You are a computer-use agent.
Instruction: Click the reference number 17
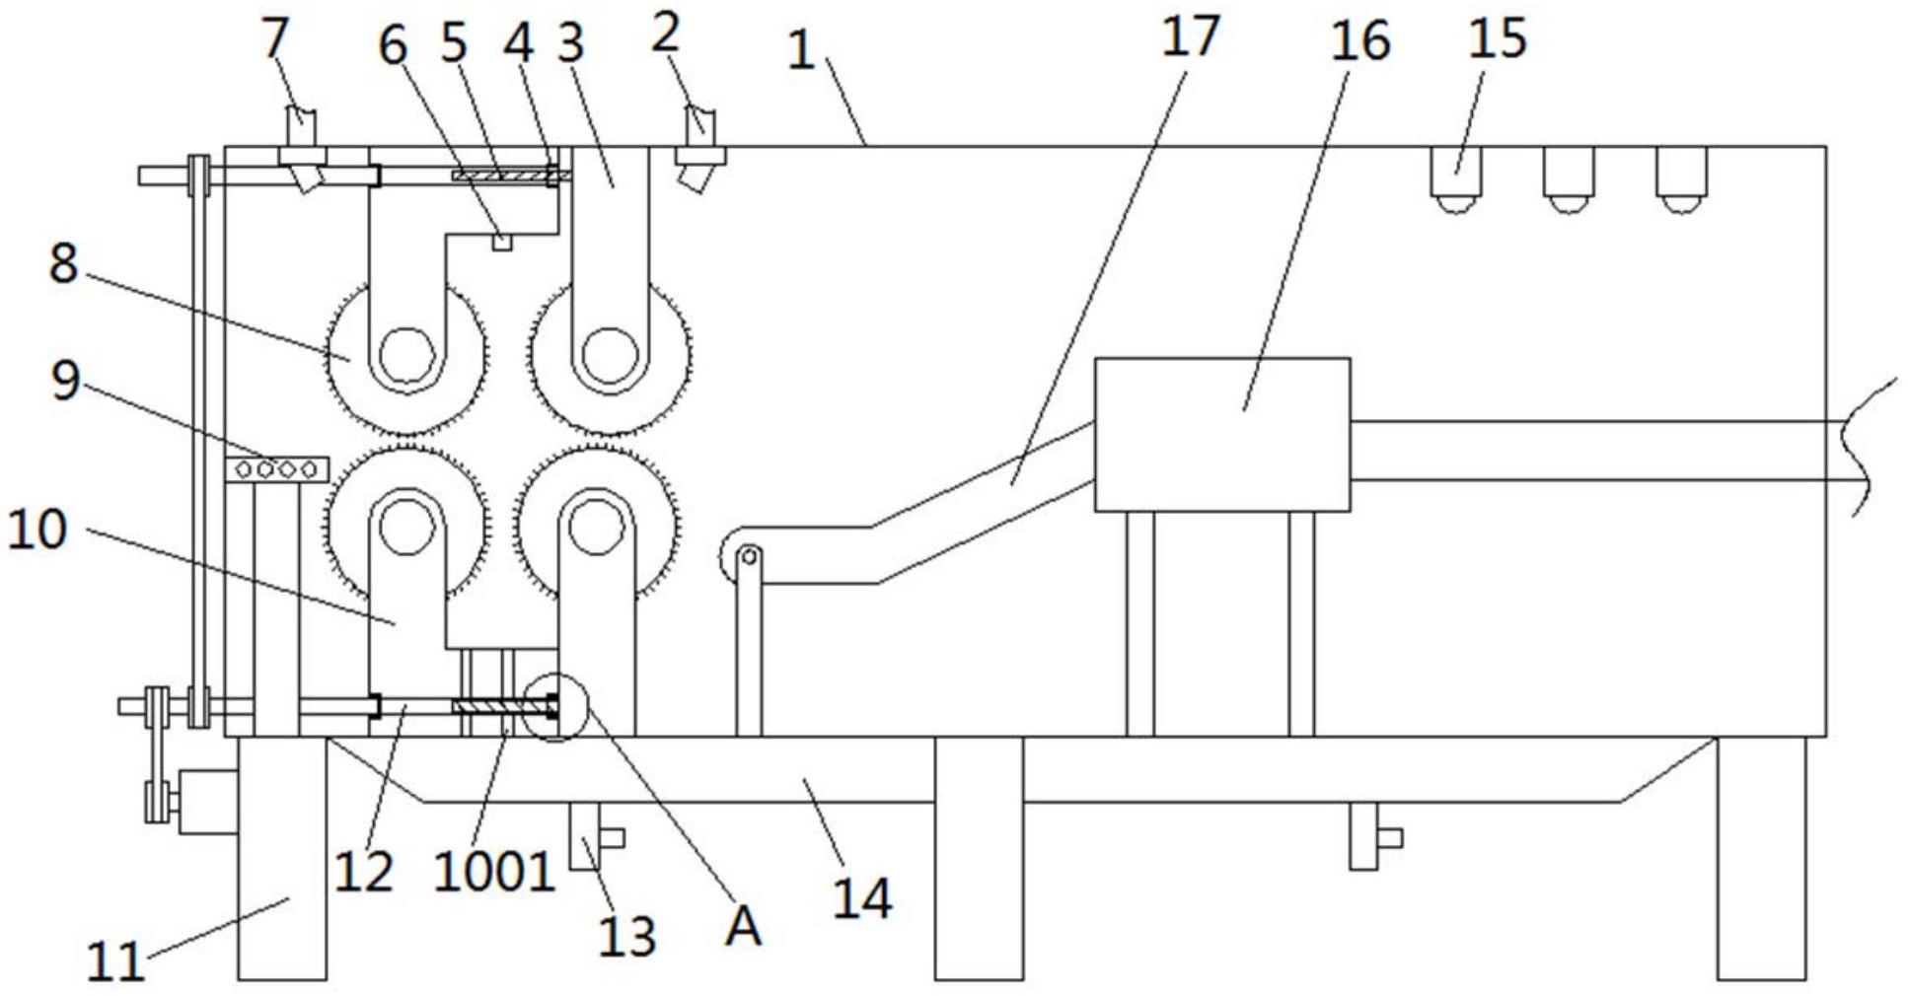(1189, 36)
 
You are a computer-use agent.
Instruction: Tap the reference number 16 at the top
(1360, 41)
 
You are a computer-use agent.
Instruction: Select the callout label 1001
(494, 873)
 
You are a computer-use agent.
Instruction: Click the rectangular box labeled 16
(1222, 435)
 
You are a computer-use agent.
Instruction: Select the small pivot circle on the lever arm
(748, 557)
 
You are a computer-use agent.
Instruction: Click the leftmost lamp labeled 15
(1456, 178)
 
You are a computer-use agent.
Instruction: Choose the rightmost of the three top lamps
(1681, 178)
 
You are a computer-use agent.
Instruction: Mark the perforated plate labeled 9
(276, 469)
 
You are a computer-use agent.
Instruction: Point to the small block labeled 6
(501, 242)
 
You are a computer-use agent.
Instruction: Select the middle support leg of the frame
(979, 858)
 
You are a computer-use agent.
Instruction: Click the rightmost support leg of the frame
(1762, 858)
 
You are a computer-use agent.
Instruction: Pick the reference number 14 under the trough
(862, 899)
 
